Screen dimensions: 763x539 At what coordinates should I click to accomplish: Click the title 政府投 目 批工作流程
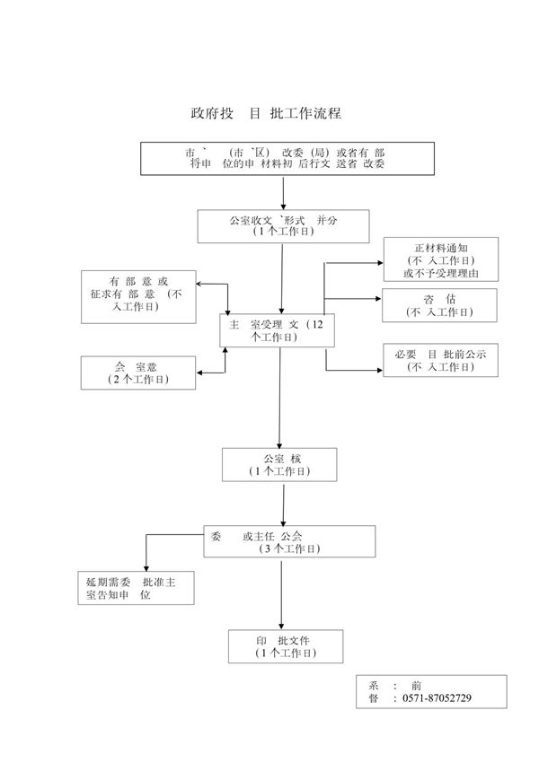pyautogui.click(x=267, y=114)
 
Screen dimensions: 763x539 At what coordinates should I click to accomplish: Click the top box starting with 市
pyautogui.click(x=284, y=159)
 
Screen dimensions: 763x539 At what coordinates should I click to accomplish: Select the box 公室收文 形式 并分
pyautogui.click(x=283, y=225)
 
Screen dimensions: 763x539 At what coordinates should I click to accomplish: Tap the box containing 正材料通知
pyautogui.click(x=439, y=259)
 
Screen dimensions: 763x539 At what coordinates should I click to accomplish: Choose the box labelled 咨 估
pyautogui.click(x=439, y=305)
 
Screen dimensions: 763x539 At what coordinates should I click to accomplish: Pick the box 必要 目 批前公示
pyautogui.click(x=439, y=360)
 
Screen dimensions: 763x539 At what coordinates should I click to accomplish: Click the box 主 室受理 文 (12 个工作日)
pyautogui.click(x=278, y=330)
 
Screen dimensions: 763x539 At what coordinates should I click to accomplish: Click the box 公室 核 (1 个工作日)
pyautogui.click(x=279, y=464)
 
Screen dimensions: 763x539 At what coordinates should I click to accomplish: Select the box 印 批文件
pyautogui.click(x=284, y=646)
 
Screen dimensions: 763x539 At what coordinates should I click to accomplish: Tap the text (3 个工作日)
pyautogui.click(x=288, y=548)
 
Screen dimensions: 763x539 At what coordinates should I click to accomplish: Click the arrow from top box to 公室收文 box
pyautogui.click(x=283, y=193)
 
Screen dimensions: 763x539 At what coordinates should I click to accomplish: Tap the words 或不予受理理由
pyautogui.click(x=440, y=273)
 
